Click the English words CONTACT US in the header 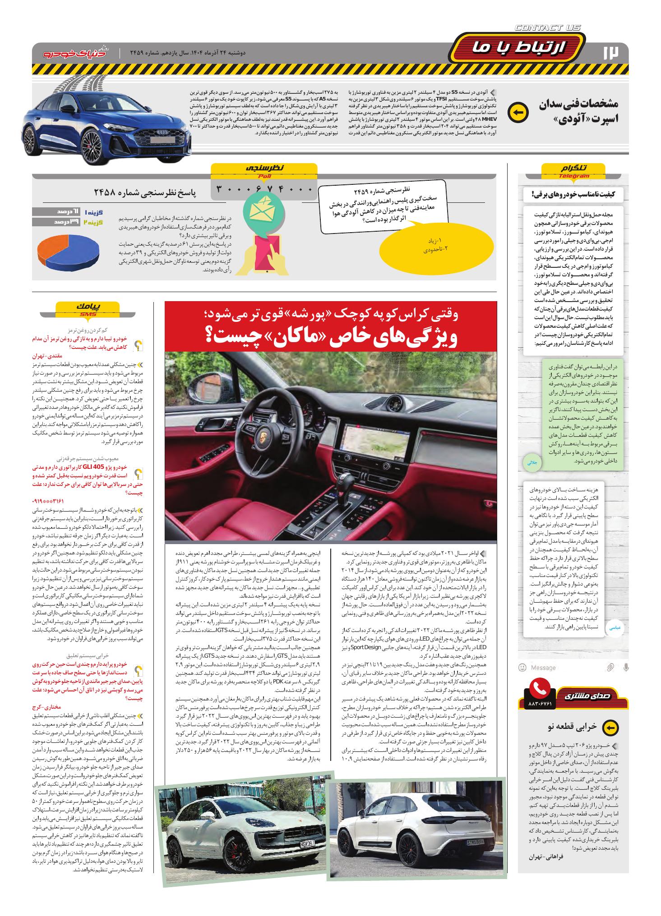pos(548,28)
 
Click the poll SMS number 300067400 pos(264,190)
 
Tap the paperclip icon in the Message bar pos(610,667)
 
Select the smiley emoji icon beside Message pos(522,667)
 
